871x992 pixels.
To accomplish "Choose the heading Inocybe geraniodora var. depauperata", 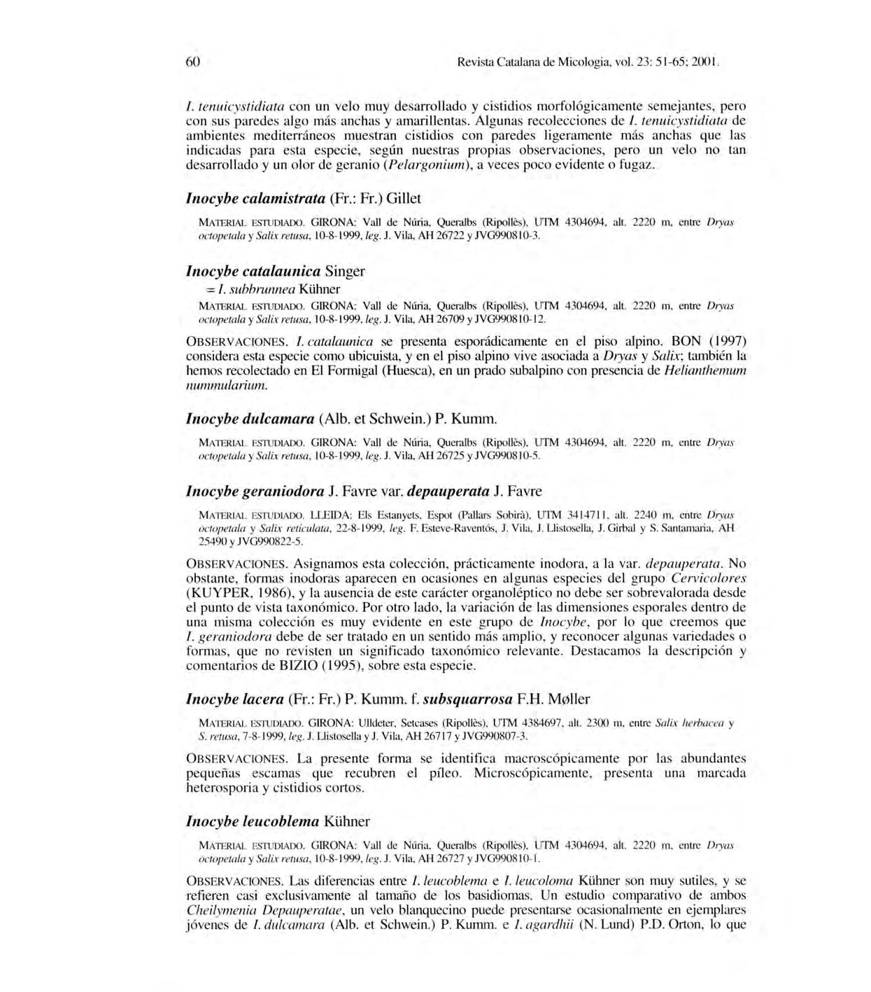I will [364, 491].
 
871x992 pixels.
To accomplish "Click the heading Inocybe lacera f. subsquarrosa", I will [388, 699].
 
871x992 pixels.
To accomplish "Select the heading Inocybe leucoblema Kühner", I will [278, 820].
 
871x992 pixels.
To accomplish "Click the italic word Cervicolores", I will [708, 578].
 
